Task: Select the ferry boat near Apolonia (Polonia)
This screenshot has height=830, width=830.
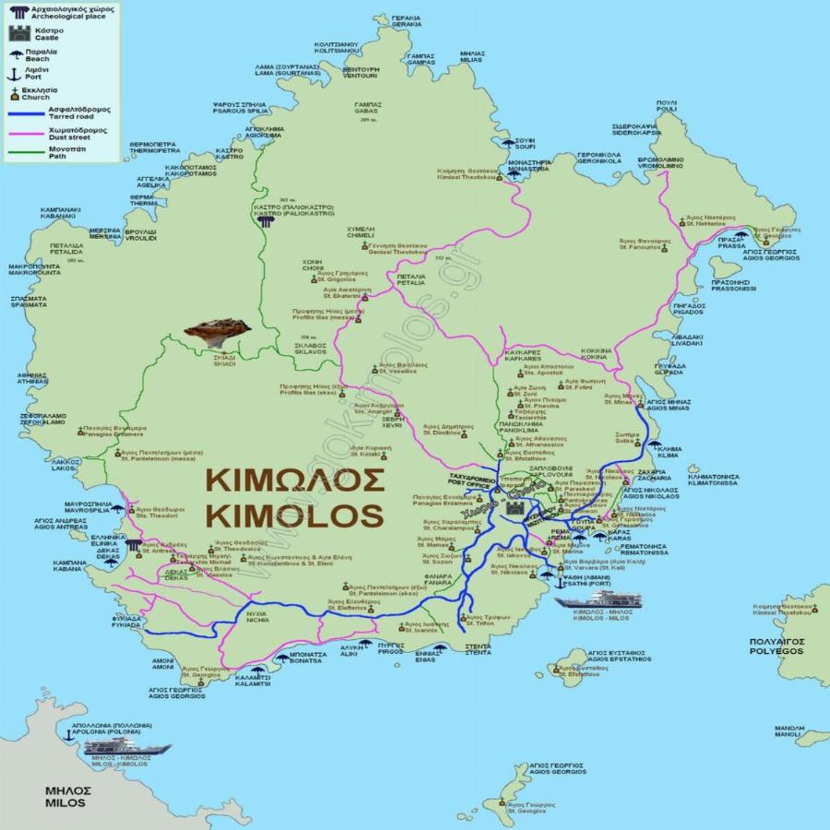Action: [x=126, y=748]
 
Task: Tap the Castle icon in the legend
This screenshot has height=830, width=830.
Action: [x=18, y=35]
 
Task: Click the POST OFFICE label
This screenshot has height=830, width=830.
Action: [x=463, y=481]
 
